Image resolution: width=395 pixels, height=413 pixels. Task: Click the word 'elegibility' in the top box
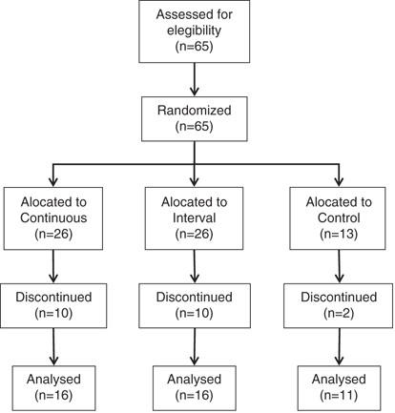coord(194,31)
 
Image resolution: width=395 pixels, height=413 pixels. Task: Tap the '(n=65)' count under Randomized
coord(194,126)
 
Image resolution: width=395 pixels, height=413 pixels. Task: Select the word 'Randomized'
coord(194,111)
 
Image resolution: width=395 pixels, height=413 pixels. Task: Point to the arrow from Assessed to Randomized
coord(195,79)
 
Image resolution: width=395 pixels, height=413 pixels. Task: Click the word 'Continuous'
coord(53,217)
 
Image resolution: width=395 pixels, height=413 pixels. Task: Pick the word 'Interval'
coord(194,217)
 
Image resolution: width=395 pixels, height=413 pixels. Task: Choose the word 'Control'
coord(339,217)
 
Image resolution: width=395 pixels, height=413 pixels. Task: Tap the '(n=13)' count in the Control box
coord(339,234)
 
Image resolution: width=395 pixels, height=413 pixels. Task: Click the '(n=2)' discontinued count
coord(339,314)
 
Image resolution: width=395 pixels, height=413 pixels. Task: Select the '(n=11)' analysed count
coord(339,395)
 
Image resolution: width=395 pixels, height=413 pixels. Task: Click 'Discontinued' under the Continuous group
coord(53,298)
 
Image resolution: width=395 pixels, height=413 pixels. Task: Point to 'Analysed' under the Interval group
coord(194,380)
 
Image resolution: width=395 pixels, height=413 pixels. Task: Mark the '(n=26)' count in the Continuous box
coord(53,234)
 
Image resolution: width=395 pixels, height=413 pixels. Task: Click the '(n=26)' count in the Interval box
coord(194,234)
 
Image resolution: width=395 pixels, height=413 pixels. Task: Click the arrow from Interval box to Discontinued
coord(195,266)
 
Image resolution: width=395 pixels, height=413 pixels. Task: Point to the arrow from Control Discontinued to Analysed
coord(340,346)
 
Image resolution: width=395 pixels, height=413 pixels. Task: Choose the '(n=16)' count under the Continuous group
coord(53,395)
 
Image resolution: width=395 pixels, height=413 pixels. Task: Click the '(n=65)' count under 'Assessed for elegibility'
coord(194,47)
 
